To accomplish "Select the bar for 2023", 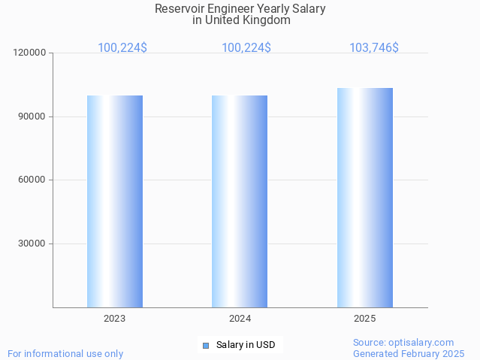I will point(115,201).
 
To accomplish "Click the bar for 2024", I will point(240,201).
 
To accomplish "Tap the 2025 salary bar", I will point(365,198).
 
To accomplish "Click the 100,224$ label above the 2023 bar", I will point(122,48).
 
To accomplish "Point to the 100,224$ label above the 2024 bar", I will point(246,48).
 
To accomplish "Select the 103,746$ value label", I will point(374,48).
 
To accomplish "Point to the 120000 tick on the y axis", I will point(31,53).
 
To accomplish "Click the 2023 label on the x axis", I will point(115,319).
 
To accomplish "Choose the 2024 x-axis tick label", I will point(240,319).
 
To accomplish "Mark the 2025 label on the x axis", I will point(365,319).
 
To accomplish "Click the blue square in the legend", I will point(205,346).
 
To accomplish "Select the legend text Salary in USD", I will point(246,346).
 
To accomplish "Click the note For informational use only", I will point(65,354).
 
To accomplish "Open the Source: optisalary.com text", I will point(403,343).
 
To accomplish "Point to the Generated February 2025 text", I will point(409,354).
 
